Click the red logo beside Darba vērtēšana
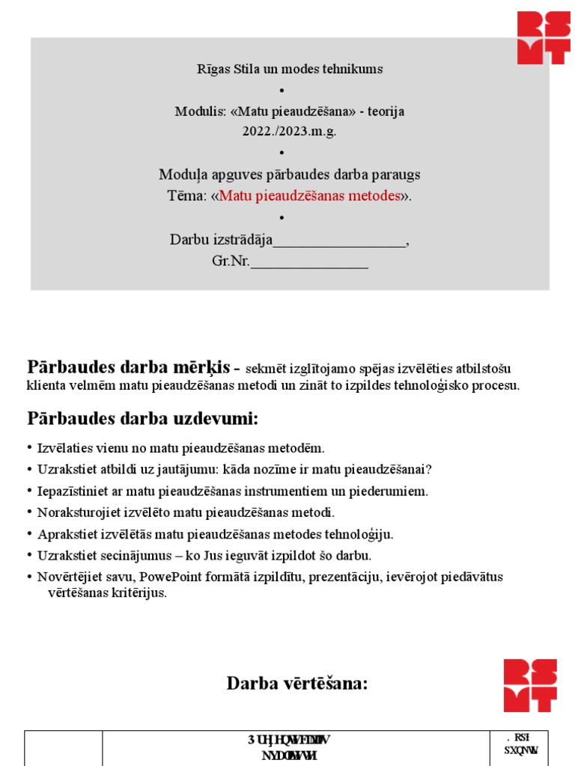pos(530,685)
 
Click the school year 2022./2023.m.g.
pos(289,130)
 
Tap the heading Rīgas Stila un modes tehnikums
pos(290,69)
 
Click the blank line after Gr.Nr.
pos(309,263)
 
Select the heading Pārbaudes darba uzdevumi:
pos(143,418)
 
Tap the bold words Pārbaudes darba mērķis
pos(130,367)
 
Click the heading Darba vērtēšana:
pos(297,683)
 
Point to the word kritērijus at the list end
pos(141,592)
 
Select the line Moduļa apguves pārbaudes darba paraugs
pos(290,174)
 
